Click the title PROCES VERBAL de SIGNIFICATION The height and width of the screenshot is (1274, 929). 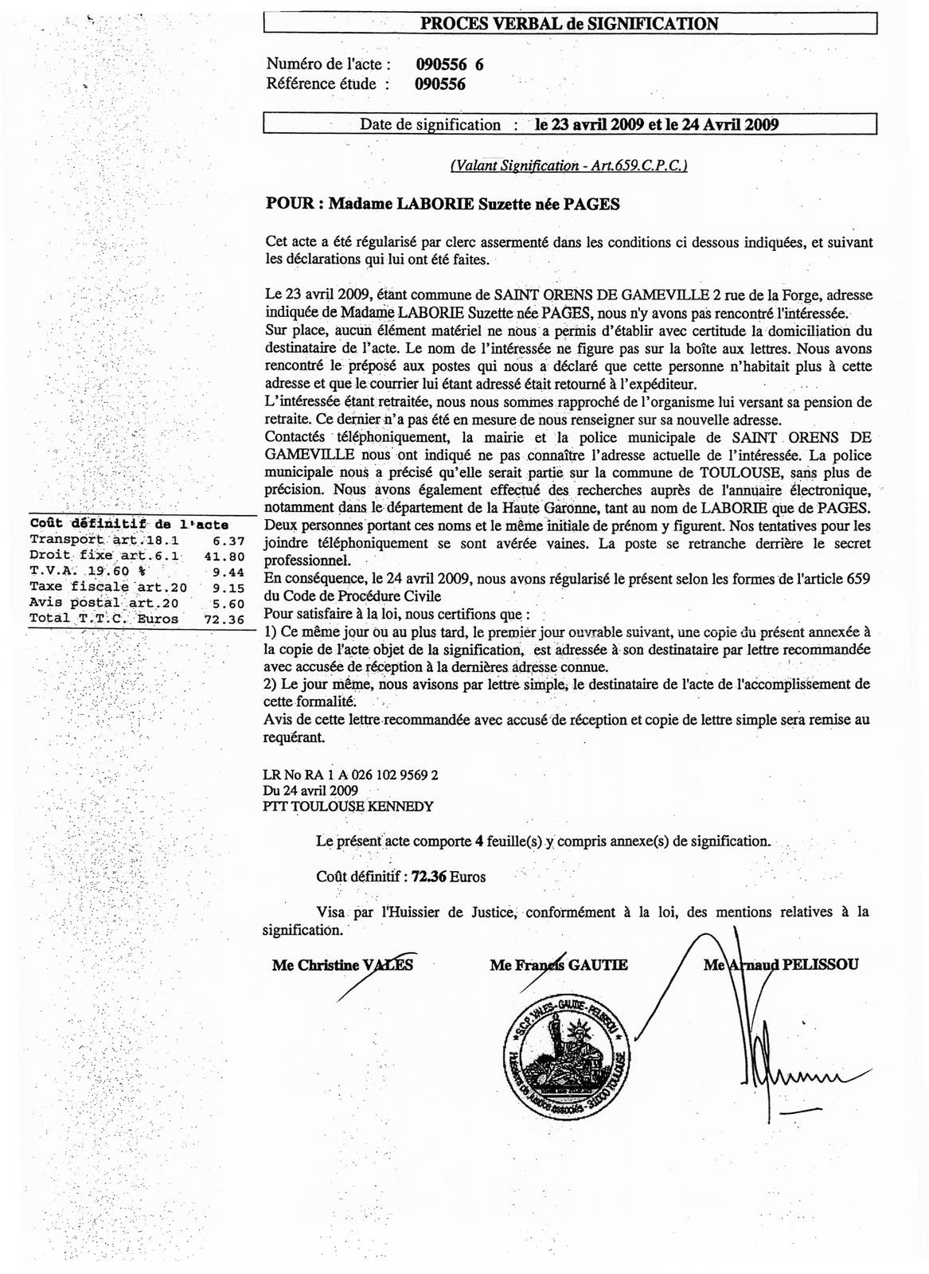coord(569,24)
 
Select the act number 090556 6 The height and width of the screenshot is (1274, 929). coord(449,65)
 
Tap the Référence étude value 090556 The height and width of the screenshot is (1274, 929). coord(440,84)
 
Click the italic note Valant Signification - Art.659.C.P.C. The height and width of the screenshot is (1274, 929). coord(568,166)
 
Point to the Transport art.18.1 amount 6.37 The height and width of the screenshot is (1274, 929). coord(228,540)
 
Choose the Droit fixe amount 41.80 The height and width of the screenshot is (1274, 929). coord(225,556)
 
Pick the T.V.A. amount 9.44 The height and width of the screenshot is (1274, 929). coord(228,571)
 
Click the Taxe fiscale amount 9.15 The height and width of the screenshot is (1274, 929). coord(228,587)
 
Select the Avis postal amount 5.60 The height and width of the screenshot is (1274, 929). coord(228,603)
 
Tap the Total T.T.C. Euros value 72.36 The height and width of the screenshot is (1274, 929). coord(225,618)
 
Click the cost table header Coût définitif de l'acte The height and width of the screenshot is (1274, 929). coord(129,524)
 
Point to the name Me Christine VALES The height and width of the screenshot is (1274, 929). coord(342,965)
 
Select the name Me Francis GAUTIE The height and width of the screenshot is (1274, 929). coord(559,965)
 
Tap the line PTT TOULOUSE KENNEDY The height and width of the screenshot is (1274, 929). coord(348,806)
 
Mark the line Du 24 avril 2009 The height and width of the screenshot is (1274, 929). coord(310,790)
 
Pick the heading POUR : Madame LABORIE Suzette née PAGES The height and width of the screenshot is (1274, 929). coord(442,204)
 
